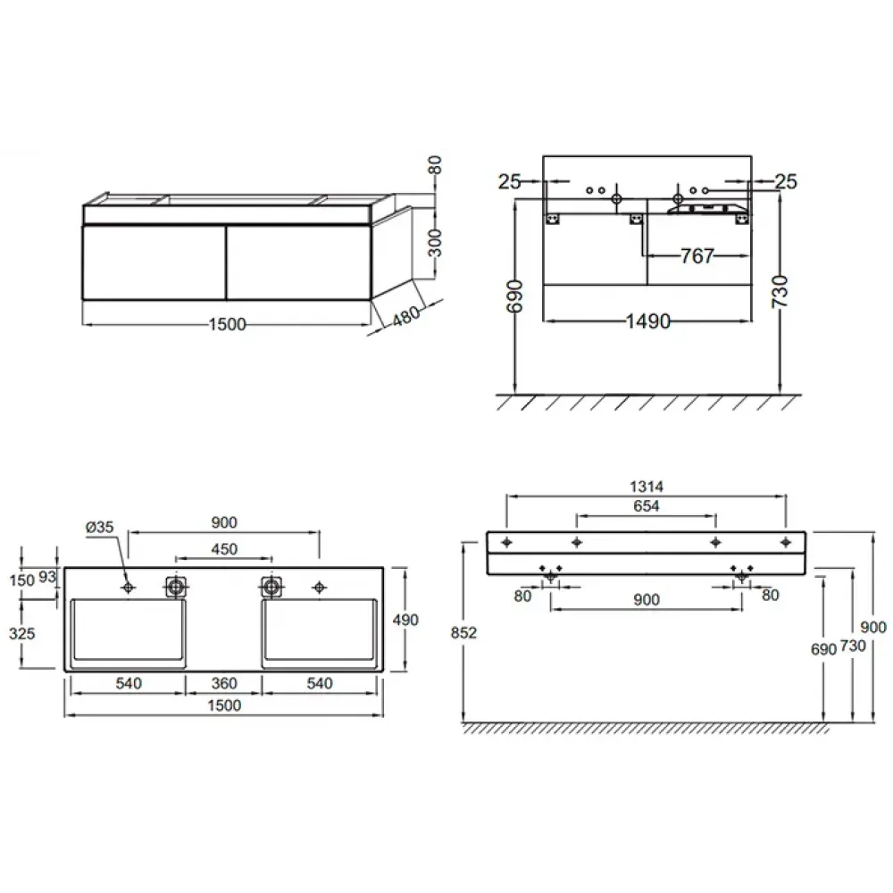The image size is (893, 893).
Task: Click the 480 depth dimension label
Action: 406,315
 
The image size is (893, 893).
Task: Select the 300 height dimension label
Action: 435,243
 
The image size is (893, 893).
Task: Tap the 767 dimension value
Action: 697,256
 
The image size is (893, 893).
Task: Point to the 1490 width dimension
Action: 648,321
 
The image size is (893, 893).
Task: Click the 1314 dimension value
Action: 647,487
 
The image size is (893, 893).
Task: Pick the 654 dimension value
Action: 647,505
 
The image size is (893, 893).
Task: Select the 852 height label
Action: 463,633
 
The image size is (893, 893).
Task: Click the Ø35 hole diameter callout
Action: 100,528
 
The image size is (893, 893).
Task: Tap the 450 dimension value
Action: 224,549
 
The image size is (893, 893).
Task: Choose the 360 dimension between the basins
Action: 224,683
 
